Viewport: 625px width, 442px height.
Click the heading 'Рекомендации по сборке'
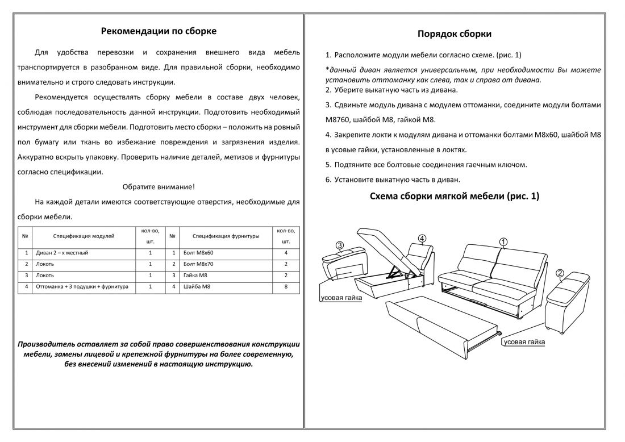point(159,31)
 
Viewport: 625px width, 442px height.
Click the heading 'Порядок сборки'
point(454,34)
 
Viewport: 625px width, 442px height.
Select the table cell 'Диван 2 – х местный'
point(62,253)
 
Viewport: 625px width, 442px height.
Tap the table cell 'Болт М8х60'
point(199,253)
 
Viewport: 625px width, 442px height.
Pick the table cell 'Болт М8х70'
point(199,264)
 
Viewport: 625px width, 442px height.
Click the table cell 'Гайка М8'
point(197,276)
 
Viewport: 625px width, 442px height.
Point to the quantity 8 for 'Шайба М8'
point(286,287)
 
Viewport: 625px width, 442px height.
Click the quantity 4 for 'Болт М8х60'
point(286,253)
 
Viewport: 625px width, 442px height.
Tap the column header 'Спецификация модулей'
point(84,235)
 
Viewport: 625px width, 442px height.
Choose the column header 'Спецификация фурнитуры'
point(226,235)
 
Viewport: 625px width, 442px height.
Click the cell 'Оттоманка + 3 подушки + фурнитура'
point(82,287)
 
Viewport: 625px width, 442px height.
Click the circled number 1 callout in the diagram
point(503,241)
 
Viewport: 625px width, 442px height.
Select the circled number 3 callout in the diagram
point(340,246)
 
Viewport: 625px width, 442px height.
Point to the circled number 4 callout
point(422,237)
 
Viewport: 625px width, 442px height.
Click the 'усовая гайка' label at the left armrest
point(340,298)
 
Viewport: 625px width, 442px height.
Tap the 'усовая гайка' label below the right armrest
point(524,342)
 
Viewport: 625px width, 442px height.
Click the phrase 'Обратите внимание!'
point(159,187)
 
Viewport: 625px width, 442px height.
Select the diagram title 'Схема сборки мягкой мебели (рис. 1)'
point(454,197)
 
